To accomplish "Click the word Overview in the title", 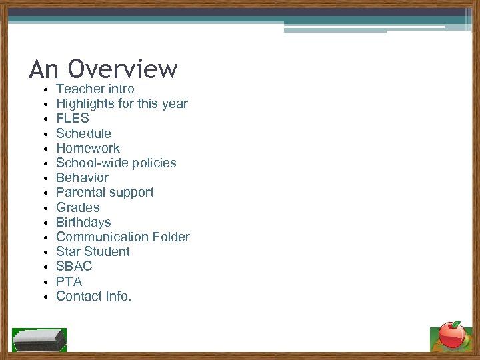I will click(123, 69).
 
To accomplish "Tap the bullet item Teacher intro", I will click(95, 89).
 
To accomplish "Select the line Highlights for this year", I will click(121, 103).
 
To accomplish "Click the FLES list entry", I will click(72, 119).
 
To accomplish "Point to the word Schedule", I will click(83, 133).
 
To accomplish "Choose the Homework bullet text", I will click(87, 148).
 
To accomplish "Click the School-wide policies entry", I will click(116, 163).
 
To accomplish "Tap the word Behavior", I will click(82, 177).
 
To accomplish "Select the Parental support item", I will click(105, 192).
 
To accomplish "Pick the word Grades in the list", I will click(77, 207).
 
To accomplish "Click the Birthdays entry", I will click(83, 222).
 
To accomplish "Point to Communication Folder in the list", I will click(123, 237).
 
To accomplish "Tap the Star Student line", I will click(93, 251).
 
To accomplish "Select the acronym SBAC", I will click(74, 266).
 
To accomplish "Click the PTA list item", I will click(69, 281).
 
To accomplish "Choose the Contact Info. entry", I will click(94, 296).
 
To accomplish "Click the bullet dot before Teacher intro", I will click(43, 90).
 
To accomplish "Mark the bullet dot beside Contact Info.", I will click(43, 297).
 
